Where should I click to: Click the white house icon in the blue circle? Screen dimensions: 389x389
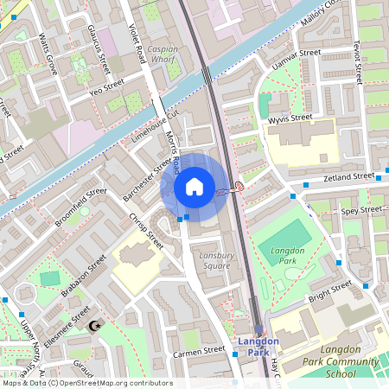(x=194, y=186)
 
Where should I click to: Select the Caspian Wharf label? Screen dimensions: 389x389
(x=163, y=55)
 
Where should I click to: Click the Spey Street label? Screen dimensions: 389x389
(x=361, y=210)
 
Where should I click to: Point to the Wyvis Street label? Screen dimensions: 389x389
(x=290, y=118)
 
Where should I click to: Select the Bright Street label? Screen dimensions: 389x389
(x=330, y=290)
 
